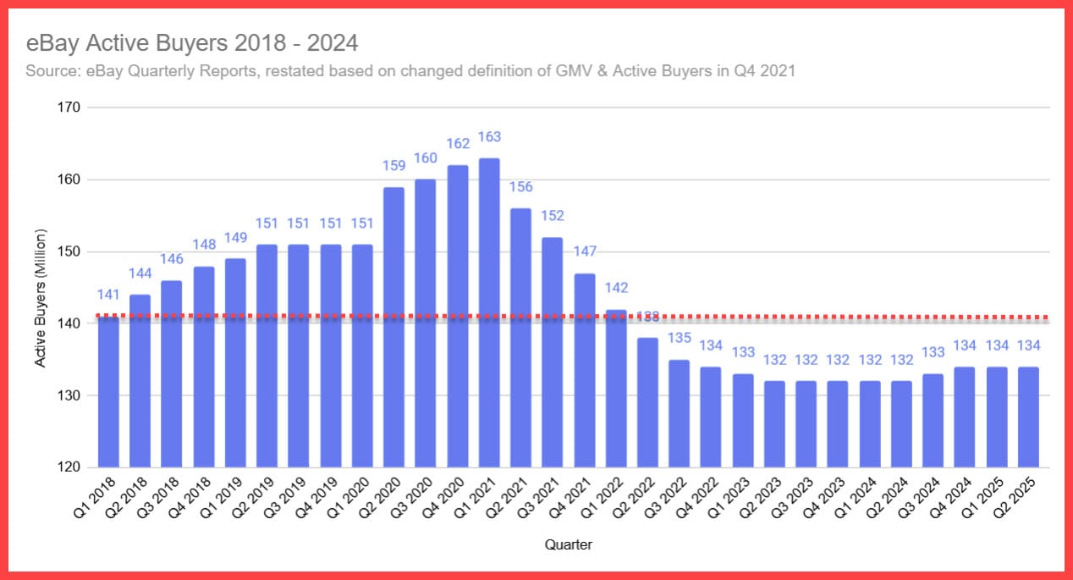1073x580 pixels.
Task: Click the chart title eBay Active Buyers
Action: click(x=192, y=42)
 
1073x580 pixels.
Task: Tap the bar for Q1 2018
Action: click(x=108, y=391)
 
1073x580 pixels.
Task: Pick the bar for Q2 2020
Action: click(x=393, y=327)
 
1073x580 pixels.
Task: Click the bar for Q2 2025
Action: click(x=1028, y=417)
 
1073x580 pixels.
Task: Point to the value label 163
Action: click(x=489, y=137)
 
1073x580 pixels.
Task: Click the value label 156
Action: click(x=521, y=187)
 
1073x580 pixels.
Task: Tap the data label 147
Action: click(x=585, y=252)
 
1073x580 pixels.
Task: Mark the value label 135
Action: click(x=680, y=339)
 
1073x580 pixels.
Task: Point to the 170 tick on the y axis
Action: click(x=69, y=108)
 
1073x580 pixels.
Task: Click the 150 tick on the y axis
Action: click(x=69, y=251)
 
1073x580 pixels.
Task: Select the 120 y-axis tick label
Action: click(x=69, y=467)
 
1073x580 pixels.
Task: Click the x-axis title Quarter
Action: click(x=569, y=545)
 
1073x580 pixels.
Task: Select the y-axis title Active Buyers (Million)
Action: click(x=40, y=298)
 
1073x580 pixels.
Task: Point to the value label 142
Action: click(x=616, y=288)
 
